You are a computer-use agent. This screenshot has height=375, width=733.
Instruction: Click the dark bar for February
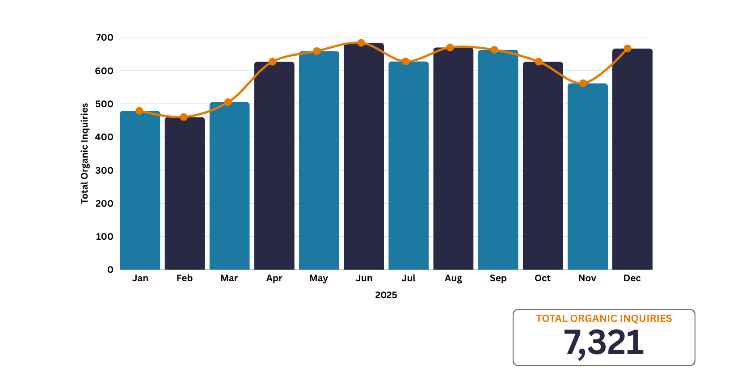185,194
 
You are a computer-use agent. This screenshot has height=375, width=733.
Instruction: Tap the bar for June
364,156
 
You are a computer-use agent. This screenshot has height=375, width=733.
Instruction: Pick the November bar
587,177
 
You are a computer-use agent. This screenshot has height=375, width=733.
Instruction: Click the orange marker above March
228,102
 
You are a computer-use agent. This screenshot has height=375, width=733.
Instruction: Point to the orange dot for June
361,43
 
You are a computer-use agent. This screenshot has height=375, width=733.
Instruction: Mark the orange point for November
583,83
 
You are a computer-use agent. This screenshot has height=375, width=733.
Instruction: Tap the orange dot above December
628,49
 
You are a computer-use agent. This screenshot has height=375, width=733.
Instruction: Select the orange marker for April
272,62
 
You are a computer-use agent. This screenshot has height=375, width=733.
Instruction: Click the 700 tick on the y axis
105,37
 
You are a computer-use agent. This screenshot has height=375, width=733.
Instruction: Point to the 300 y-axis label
105,170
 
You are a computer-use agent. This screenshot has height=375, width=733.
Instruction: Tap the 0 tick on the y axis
110,270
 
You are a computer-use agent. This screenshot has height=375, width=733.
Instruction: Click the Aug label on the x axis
453,278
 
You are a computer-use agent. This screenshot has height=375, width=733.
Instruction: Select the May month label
319,278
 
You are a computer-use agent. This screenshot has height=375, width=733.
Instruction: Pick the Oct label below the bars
543,278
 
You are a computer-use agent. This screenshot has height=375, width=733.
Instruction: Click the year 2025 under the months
386,295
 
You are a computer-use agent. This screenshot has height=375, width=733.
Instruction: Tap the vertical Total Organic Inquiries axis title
84,154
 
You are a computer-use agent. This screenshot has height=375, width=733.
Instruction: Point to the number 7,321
603,343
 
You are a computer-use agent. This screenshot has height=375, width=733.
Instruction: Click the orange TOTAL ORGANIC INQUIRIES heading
604,318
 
